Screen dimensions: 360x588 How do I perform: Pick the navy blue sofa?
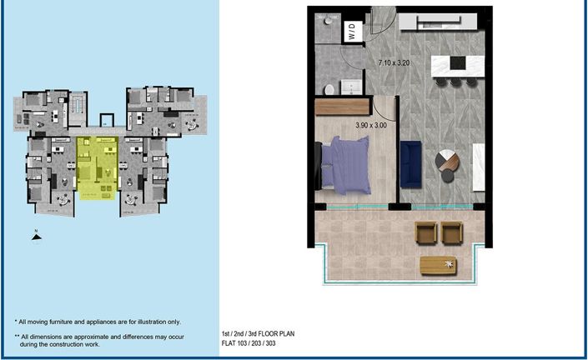click(411, 163)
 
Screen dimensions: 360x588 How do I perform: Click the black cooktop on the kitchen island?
click(459, 62)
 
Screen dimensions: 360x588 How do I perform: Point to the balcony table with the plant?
click(439, 265)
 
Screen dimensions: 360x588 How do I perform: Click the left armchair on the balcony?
click(425, 232)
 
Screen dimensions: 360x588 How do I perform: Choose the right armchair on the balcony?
click(451, 232)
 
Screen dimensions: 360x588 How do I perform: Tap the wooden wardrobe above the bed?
click(343, 107)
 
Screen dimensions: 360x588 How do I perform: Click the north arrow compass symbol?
click(36, 236)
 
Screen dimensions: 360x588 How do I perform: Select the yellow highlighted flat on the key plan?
click(98, 167)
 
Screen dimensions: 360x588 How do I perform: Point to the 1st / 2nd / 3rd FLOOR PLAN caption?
click(258, 333)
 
